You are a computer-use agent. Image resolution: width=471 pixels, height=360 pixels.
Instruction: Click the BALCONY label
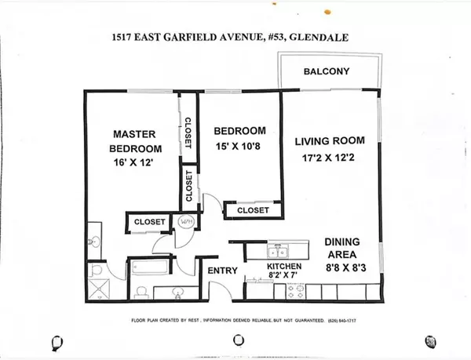pos(327,73)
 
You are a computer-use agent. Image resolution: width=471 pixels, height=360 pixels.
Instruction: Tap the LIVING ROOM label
pos(330,141)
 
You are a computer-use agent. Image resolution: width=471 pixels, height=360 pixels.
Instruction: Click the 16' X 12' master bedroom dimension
pos(136,163)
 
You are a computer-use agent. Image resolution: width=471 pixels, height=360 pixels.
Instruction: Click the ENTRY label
pos(223,271)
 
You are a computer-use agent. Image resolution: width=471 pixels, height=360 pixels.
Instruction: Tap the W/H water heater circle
pos(187,222)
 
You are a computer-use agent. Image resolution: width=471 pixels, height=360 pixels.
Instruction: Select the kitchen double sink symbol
pos(278,252)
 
